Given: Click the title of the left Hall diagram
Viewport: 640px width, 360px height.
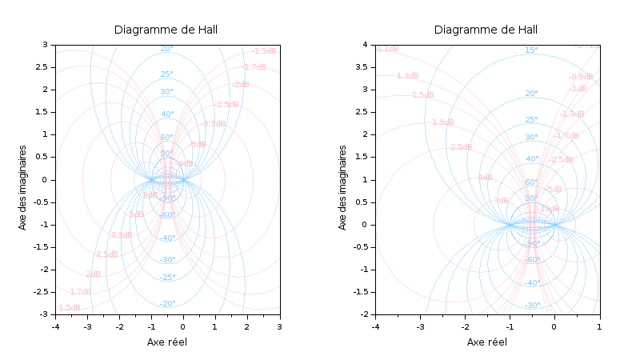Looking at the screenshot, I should [x=166, y=30].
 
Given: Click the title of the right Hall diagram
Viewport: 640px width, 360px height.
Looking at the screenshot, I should [x=486, y=30].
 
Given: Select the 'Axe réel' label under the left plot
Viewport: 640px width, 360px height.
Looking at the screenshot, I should [x=166, y=342].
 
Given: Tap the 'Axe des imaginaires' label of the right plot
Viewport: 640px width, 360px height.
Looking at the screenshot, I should [x=343, y=187].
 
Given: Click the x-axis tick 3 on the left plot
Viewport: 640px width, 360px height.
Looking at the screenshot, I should [x=279, y=326].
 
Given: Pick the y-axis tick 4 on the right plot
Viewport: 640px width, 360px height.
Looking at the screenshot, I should [x=364, y=45].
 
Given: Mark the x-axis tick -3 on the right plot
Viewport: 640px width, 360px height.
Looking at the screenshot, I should [x=419, y=326].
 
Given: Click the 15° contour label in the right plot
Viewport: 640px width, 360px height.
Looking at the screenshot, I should [x=531, y=50].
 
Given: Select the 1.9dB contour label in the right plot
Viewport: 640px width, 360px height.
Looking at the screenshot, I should [x=442, y=122].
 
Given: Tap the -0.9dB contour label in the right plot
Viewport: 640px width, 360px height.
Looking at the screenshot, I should [x=581, y=77].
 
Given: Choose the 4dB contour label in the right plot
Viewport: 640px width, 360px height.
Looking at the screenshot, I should [x=485, y=178].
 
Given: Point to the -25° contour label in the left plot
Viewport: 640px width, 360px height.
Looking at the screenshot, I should [x=167, y=278].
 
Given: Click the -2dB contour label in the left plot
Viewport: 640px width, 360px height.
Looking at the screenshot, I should [x=240, y=85].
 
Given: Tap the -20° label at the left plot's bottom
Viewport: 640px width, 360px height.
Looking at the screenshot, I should [x=167, y=304].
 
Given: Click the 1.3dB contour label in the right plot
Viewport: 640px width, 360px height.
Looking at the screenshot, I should [x=407, y=76].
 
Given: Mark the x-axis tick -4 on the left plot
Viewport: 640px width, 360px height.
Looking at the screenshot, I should [x=54, y=326].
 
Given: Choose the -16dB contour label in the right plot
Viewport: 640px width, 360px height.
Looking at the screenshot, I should [x=548, y=208].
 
